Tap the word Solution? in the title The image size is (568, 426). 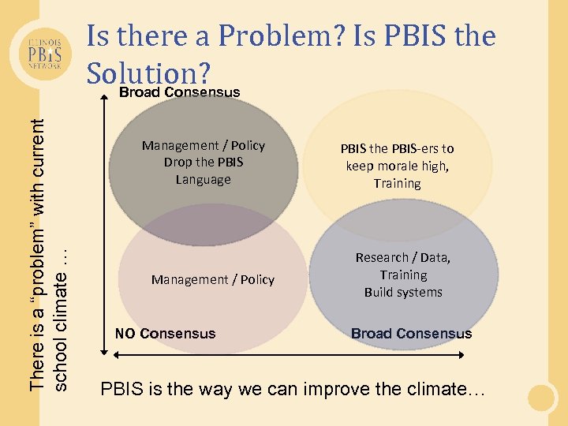pos(149,73)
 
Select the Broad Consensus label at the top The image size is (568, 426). pos(179,92)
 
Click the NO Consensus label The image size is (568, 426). pos(165,334)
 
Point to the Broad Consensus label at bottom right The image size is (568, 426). pos(411,334)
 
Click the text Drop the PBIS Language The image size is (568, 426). pos(204,170)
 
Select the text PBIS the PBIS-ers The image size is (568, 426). pos(397,148)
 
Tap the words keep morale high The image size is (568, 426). pos(397,166)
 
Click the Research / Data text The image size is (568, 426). pos(402,258)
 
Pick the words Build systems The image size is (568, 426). pos(403,293)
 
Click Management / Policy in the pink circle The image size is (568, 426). pos(213,280)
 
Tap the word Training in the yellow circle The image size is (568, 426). pos(397,183)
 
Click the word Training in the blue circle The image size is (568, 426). pos(403,275)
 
